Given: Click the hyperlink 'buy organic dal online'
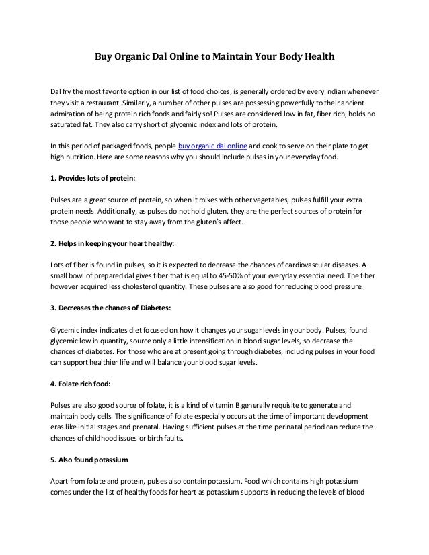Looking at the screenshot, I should [212, 146].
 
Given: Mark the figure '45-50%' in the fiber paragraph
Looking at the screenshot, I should [233, 275].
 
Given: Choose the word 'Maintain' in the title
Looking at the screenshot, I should [233, 58].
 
